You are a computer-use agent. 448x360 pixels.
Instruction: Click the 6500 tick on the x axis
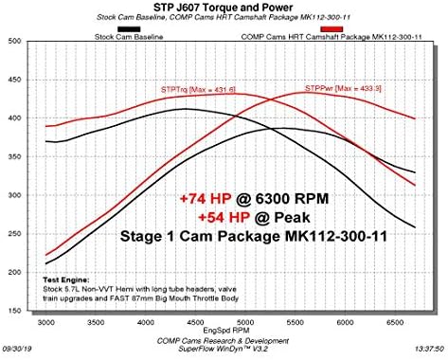pyautogui.click(x=396, y=323)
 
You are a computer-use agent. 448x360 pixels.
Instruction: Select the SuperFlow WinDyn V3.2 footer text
pyautogui.click(x=222, y=351)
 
